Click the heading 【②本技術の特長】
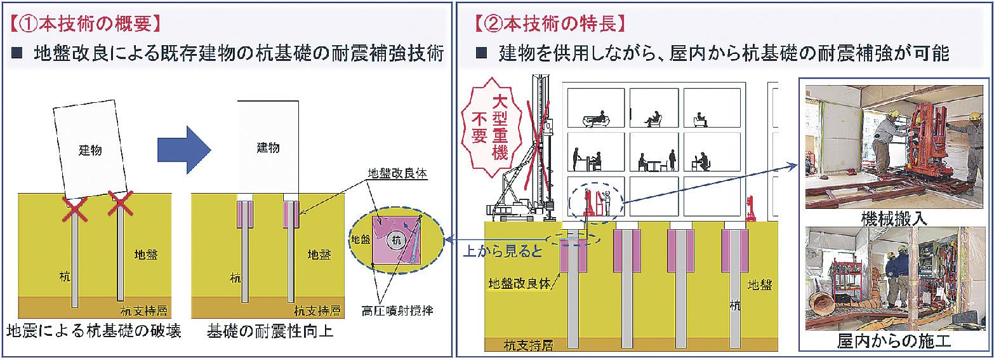[x=551, y=23]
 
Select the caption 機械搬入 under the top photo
[x=895, y=220]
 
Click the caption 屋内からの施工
[x=895, y=343]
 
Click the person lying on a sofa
[x=597, y=119]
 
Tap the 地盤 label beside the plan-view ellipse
[x=361, y=240]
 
